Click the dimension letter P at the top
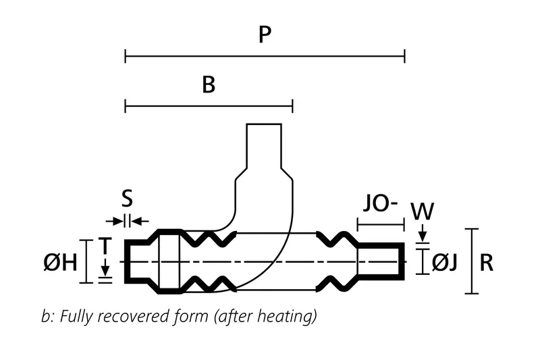265,35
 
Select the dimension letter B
209,85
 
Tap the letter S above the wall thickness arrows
127,199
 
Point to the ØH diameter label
60,262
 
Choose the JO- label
379,203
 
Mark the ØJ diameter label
446,262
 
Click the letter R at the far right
486,262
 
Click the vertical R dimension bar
473,261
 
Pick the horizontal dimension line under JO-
380,224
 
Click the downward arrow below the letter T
105,269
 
